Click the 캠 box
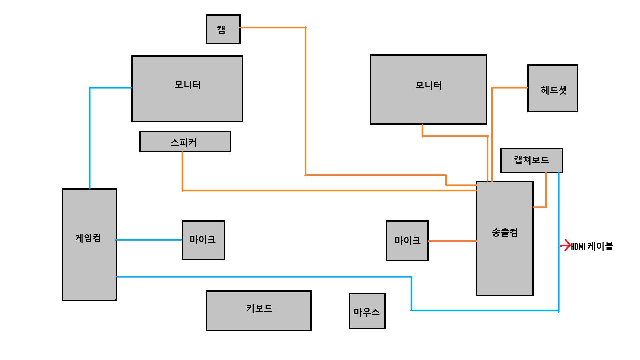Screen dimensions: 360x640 tap(223, 29)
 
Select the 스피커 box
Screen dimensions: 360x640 tap(185, 142)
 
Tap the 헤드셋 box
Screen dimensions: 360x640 tap(552, 88)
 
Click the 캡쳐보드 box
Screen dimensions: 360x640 tap(531, 160)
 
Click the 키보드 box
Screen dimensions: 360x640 tap(258, 311)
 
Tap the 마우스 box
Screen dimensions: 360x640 tap(367, 311)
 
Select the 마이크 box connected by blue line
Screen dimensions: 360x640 tap(203, 240)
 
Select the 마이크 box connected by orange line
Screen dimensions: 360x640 tap(407, 241)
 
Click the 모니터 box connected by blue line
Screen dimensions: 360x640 tap(187, 89)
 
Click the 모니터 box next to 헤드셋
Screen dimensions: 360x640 tap(428, 89)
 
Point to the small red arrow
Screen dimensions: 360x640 tap(566, 246)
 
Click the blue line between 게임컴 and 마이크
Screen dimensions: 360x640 tap(149, 240)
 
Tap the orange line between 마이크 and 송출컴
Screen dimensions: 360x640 tap(452, 241)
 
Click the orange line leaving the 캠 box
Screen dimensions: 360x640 tap(272, 27)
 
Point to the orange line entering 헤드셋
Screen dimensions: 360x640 tap(510, 88)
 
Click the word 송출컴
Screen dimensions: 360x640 tap(505, 232)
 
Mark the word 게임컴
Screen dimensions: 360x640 tap(88, 238)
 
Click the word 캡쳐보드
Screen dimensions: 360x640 tap(531, 160)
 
